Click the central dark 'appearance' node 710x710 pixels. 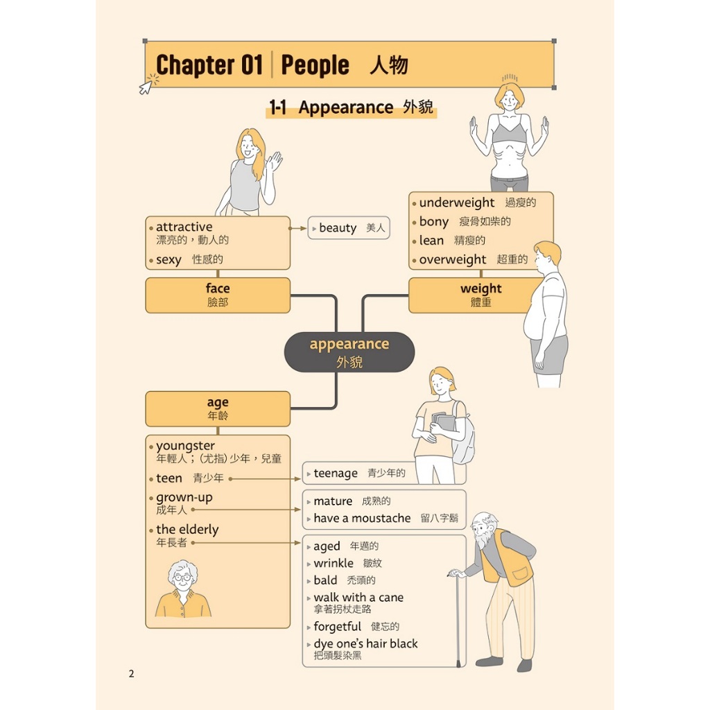coord(349,352)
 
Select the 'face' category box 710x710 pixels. coord(218,295)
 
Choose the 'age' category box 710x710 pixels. coord(218,408)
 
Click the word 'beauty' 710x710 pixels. coord(338,228)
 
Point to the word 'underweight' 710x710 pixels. coord(456,203)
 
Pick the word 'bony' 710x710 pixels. coord(434,222)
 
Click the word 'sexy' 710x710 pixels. coord(168,260)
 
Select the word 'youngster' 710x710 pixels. coord(185,446)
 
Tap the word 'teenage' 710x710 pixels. coord(336,474)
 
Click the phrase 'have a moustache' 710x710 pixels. coord(362,519)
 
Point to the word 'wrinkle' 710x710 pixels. coord(334,564)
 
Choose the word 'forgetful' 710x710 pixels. coord(338,627)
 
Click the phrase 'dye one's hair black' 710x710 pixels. coord(365,644)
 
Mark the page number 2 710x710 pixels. coord(131,674)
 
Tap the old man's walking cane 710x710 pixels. coord(457,617)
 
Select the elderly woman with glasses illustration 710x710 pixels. coord(183,589)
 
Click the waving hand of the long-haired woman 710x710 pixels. coord(275,162)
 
